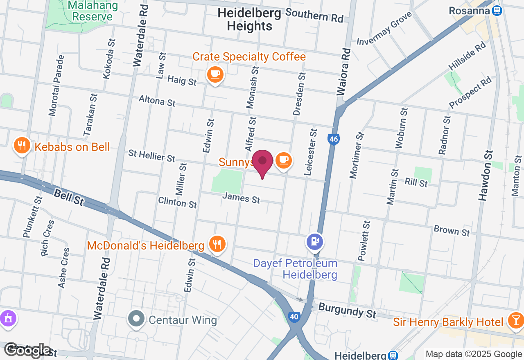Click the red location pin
click(262, 162)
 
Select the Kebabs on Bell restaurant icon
click(22, 145)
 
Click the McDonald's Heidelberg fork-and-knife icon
click(217, 244)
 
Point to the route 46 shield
click(334, 139)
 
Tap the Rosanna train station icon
click(497, 11)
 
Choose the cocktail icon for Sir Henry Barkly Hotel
click(515, 321)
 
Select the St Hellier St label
click(152, 156)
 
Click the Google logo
click(28, 350)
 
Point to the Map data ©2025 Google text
click(474, 354)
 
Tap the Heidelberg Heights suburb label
click(249, 19)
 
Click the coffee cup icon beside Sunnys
click(283, 160)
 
